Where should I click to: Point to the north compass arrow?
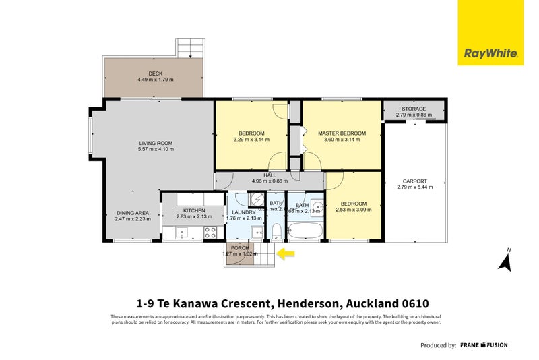tap(504, 262)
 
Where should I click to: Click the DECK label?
tap(156, 73)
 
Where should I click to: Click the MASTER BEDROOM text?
tap(342, 133)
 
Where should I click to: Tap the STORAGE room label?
tap(414, 108)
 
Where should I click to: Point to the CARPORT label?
tap(414, 181)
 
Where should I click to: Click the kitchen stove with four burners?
tap(210, 232)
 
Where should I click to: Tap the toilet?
tap(277, 232)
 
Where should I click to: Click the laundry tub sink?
tap(258, 233)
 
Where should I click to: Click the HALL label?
tap(269, 175)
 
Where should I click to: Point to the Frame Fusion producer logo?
tap(484, 345)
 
